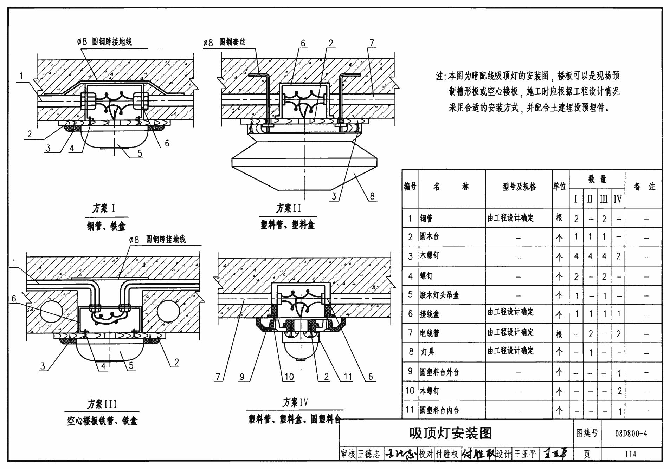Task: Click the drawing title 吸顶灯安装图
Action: [x=451, y=434]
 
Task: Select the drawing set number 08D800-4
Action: [x=631, y=434]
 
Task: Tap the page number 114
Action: [x=630, y=454]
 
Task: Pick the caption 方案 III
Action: [x=102, y=404]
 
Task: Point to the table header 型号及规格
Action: [x=519, y=187]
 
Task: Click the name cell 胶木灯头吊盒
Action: [x=439, y=295]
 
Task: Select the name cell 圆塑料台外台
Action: [x=439, y=372]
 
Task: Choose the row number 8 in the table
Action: [x=411, y=351]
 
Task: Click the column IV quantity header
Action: [x=618, y=199]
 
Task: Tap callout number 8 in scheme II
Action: [x=372, y=196]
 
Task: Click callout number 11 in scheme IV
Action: [x=348, y=377]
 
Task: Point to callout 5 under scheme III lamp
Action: [x=131, y=365]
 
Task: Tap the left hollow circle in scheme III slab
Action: [x=51, y=312]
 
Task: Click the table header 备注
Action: [x=644, y=187]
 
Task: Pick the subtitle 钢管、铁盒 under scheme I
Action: [x=106, y=226]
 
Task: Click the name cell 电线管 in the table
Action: [x=430, y=333]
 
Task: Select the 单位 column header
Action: [x=560, y=187]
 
